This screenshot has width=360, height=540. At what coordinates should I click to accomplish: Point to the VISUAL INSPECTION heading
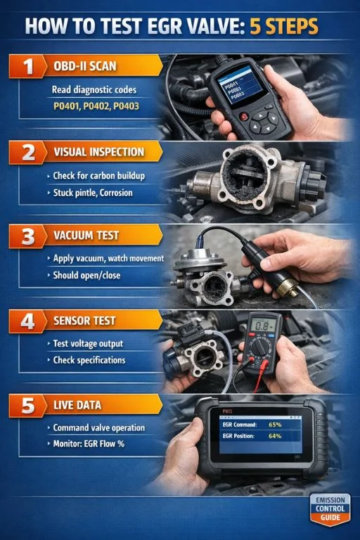98,152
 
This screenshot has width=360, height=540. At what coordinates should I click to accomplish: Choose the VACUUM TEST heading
86,236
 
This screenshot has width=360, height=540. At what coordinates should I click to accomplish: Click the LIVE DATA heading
77,405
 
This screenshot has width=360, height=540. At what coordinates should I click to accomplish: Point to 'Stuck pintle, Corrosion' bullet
93,192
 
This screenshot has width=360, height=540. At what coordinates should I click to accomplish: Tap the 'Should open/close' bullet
86,276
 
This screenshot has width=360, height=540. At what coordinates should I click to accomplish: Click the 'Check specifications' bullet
89,360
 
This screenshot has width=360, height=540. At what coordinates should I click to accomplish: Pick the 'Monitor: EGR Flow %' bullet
95,444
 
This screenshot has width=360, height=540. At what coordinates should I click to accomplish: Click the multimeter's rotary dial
261,347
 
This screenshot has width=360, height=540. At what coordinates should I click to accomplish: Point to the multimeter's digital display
264,325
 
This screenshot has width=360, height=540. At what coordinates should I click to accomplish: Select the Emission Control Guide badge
329,508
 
